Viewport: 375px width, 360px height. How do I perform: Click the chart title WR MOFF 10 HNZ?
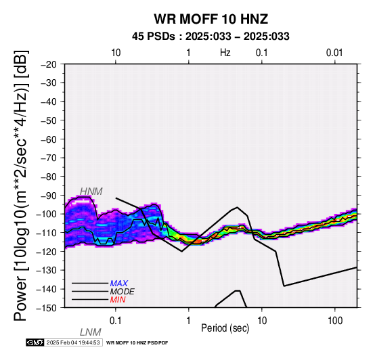pyautogui.click(x=211, y=19)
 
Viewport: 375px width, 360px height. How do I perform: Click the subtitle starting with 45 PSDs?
pyautogui.click(x=211, y=37)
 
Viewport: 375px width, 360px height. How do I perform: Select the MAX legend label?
pyautogui.click(x=119, y=284)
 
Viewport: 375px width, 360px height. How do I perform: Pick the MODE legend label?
pyautogui.click(x=123, y=292)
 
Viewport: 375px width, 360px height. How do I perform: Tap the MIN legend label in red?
pyautogui.click(x=118, y=300)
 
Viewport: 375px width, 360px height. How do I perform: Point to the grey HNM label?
pyautogui.click(x=91, y=192)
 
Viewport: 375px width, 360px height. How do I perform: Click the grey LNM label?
pyautogui.click(x=91, y=332)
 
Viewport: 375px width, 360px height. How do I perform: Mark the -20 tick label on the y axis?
pyautogui.click(x=49, y=64)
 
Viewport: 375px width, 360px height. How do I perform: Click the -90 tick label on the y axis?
pyautogui.click(x=49, y=196)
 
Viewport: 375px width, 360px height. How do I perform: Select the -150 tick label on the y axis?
pyautogui.click(x=47, y=308)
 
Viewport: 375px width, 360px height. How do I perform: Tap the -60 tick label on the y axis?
pyautogui.click(x=49, y=139)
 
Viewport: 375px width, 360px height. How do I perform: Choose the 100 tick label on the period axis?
pyautogui.click(x=335, y=321)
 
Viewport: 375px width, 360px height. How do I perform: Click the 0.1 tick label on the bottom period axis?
pyautogui.click(x=116, y=321)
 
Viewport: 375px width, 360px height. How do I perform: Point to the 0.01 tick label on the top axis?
pyautogui.click(x=334, y=53)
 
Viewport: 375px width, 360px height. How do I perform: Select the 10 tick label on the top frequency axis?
pyautogui.click(x=116, y=53)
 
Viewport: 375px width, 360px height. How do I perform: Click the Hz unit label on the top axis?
pyautogui.click(x=225, y=53)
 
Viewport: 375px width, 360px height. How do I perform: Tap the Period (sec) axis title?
pyautogui.click(x=225, y=328)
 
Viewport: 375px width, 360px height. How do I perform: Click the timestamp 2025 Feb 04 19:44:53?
pyautogui.click(x=73, y=342)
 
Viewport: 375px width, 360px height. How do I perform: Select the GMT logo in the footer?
pyautogui.click(x=35, y=342)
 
